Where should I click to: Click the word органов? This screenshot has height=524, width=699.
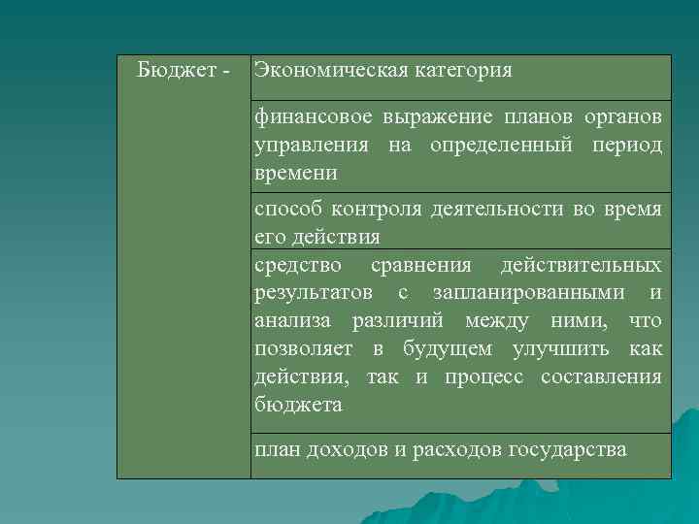tap(623, 118)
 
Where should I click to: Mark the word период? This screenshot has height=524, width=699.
tap(626, 146)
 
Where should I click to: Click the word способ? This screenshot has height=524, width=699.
tap(286, 210)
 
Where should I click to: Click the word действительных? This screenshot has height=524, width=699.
tap(582, 266)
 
